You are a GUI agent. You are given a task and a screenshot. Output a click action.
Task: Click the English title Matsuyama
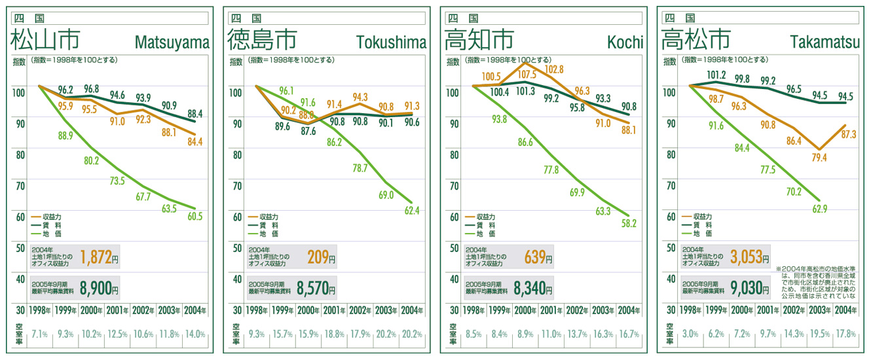pos(172,43)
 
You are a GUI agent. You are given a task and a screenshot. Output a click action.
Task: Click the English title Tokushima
pos(391,43)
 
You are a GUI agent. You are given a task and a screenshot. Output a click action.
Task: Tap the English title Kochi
pos(625,43)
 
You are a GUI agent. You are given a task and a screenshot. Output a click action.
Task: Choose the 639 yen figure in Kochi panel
pos(535,259)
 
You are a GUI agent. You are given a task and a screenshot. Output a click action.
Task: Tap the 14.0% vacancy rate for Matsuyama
pos(195,334)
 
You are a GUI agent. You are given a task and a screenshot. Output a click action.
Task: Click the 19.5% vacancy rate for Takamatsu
pos(819,334)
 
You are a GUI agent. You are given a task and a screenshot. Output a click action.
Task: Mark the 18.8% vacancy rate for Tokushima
pos(335,334)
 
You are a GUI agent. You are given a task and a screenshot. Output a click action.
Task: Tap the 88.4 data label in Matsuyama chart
pos(195,114)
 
